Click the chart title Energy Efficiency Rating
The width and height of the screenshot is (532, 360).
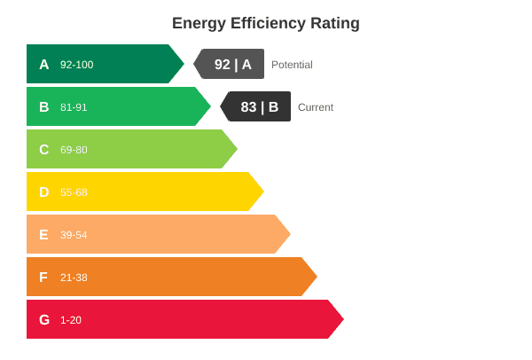click(x=266, y=24)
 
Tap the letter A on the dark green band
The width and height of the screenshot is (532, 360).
click(x=44, y=65)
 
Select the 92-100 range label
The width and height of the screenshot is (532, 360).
click(x=76, y=65)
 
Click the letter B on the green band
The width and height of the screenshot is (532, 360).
click(x=44, y=107)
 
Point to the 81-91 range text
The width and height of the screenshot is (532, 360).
click(x=74, y=107)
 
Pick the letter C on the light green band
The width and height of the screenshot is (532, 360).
click(x=44, y=150)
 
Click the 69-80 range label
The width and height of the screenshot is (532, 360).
click(x=74, y=150)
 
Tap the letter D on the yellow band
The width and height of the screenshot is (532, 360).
click(x=44, y=192)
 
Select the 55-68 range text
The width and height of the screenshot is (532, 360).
click(x=74, y=192)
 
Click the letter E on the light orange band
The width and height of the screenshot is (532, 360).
click(x=43, y=235)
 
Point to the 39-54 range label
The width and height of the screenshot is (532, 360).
click(x=74, y=235)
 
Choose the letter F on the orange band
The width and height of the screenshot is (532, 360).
click(x=43, y=278)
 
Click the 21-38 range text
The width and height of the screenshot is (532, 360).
click(x=74, y=278)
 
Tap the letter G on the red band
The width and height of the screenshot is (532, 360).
click(x=44, y=319)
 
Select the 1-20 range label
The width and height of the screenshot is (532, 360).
click(x=71, y=320)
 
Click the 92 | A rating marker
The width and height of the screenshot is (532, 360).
click(x=229, y=64)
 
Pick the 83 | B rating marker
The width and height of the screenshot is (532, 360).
click(x=255, y=106)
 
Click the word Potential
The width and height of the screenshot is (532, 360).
click(x=292, y=65)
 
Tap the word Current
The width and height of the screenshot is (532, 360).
click(x=316, y=107)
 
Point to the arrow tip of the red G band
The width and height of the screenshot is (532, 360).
click(x=344, y=319)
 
